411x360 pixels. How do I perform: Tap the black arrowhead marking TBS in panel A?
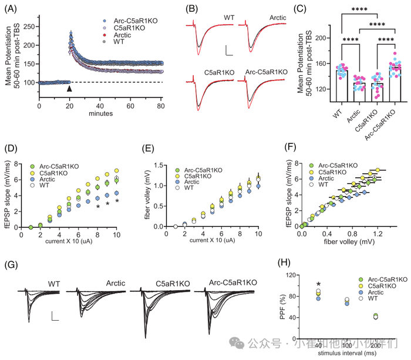(x=70, y=89)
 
